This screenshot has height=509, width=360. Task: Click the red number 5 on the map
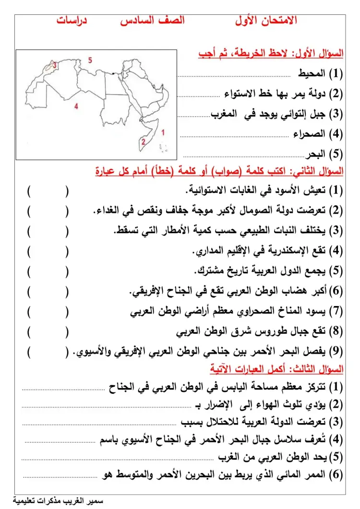[x=90, y=60]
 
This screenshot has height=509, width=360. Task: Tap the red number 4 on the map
[x=76, y=107]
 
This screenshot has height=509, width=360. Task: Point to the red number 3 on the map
[x=55, y=65]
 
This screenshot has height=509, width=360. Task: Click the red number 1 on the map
[x=164, y=131]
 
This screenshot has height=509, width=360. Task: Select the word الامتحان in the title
[x=278, y=21]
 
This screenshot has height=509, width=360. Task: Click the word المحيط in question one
[x=310, y=74]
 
